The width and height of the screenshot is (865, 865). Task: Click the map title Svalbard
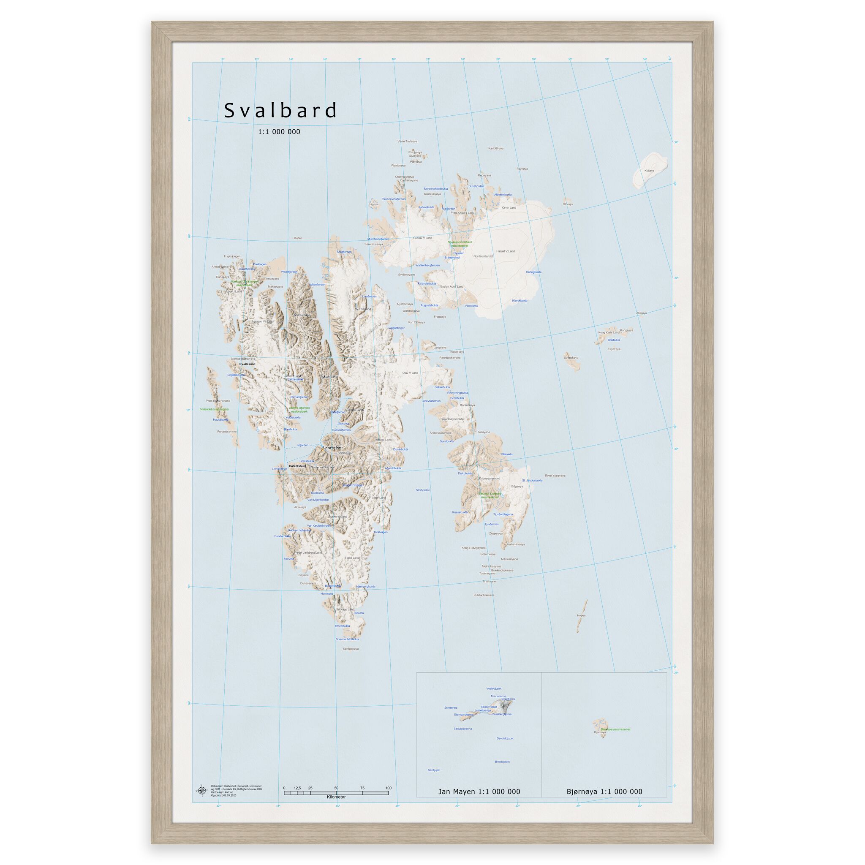tap(280, 111)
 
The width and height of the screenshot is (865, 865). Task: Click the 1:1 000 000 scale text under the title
tap(279, 132)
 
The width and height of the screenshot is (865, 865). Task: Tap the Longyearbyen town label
tap(333, 447)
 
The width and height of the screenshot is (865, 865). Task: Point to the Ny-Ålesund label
tap(247, 364)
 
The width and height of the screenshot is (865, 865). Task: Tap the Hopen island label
tap(581, 615)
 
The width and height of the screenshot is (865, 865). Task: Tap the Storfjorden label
tap(423, 490)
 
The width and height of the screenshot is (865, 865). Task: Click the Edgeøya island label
tap(517, 486)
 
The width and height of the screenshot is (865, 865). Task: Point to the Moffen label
tap(298, 238)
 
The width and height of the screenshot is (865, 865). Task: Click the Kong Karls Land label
tap(609, 332)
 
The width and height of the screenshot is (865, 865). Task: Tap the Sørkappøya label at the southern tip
tap(351, 648)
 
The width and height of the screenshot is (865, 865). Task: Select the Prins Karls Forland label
tap(218, 401)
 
